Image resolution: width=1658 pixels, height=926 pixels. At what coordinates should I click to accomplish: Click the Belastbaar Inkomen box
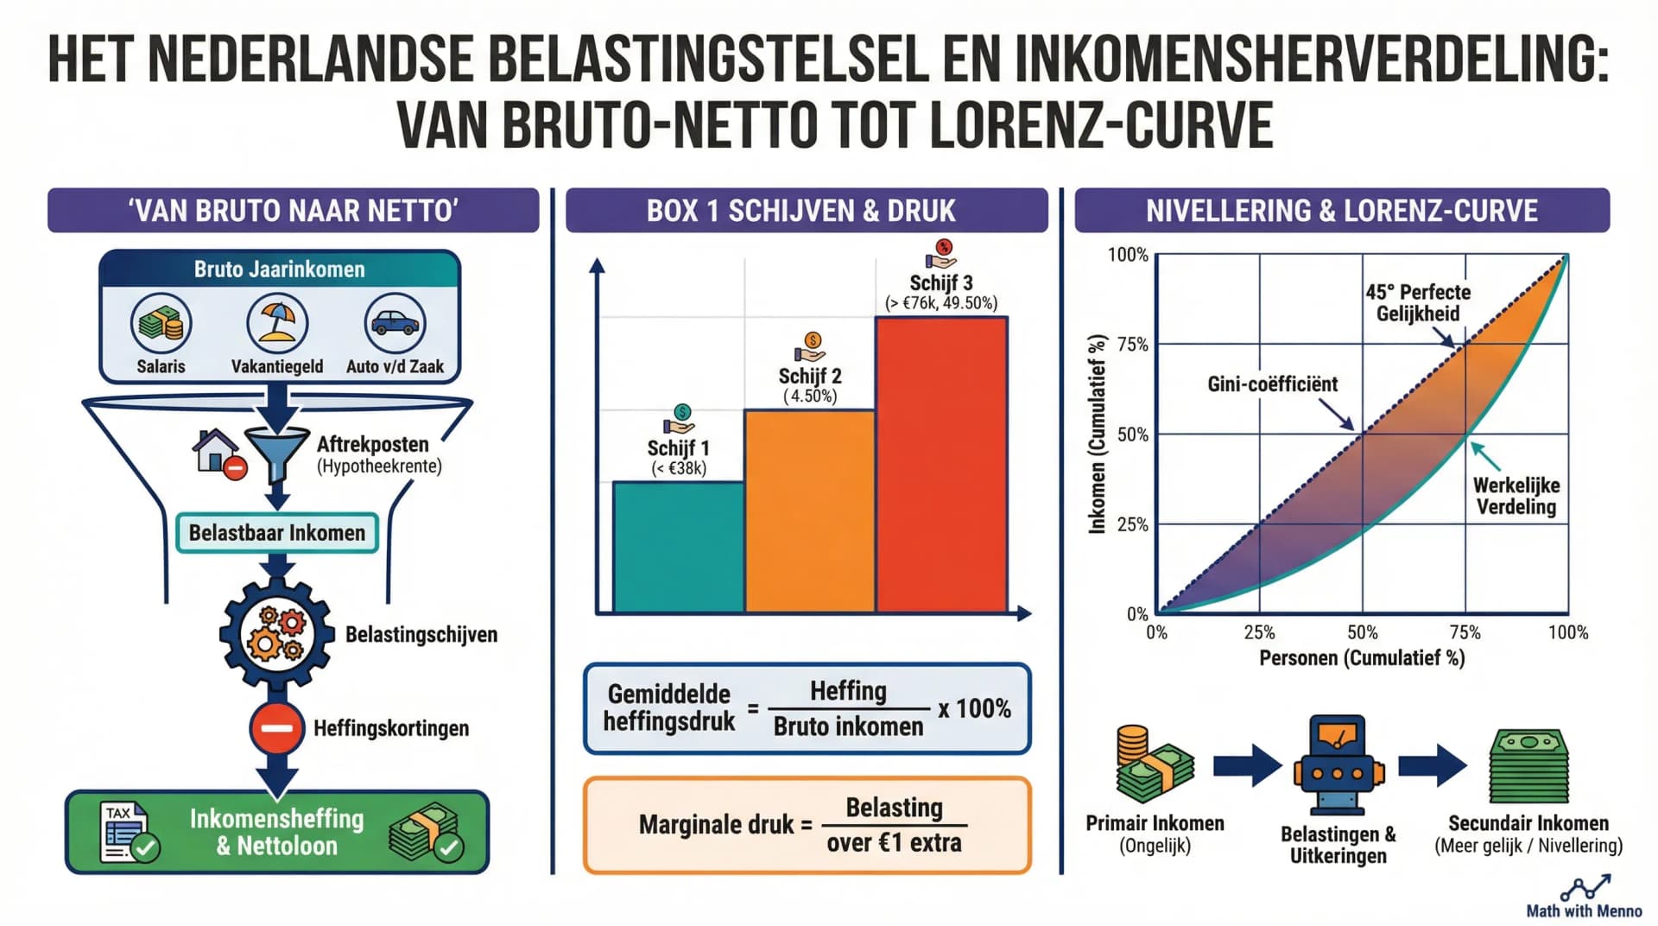pos(277,533)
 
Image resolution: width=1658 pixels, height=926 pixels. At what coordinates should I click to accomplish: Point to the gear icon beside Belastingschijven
pos(276,635)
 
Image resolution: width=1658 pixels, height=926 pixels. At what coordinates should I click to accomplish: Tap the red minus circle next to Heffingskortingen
pos(276,728)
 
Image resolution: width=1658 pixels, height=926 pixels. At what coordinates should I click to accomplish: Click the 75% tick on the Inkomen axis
pos(1132,345)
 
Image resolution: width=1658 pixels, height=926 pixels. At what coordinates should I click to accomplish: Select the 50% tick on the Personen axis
pos(1362,632)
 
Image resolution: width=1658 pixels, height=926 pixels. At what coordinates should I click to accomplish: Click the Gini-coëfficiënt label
pos(1272,384)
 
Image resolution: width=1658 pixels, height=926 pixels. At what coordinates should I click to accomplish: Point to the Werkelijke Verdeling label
pos(1516,496)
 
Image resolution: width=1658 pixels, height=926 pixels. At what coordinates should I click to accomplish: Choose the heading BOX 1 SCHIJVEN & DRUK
pos(807,211)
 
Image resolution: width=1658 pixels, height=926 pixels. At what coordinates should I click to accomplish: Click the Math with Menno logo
pos(1585,897)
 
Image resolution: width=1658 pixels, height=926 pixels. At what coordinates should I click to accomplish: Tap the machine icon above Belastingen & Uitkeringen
pos(1338,765)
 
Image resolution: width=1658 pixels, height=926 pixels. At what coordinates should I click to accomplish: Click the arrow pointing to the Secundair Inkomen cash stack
pos(1432,765)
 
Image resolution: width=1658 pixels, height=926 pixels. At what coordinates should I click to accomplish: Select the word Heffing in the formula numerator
pos(848,691)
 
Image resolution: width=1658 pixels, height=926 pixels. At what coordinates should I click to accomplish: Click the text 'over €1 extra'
pos(894,842)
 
